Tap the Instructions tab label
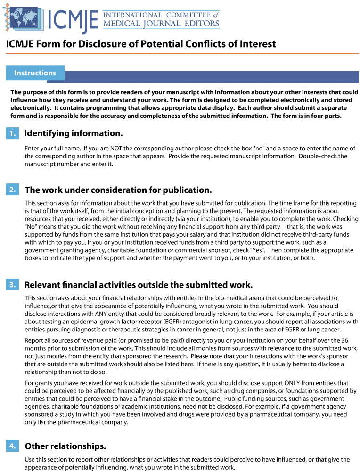[x=35, y=73]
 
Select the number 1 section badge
[x=12, y=134]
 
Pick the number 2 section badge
[x=12, y=190]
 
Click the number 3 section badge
[x=12, y=284]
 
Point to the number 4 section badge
[x=12, y=446]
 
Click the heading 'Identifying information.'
[x=74, y=133]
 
